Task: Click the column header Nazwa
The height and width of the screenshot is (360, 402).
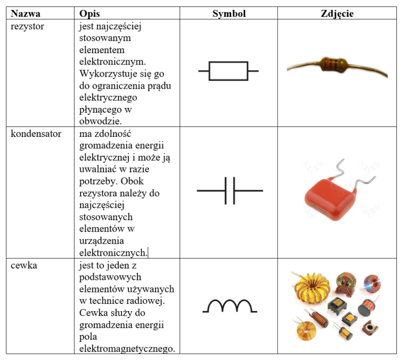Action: pos(25,13)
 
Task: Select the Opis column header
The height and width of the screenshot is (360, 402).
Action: pos(90,14)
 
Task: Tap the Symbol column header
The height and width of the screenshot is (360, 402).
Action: pos(229,14)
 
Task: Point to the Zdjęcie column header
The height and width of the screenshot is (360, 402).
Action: pos(337,14)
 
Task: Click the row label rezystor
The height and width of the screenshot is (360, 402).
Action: pos(27,27)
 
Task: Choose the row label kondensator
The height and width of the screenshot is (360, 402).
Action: pos(36,134)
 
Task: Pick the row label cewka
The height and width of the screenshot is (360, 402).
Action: pos(24,265)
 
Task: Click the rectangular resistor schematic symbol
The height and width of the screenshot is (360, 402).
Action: pos(228,71)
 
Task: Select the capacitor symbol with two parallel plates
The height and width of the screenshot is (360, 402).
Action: pos(230,191)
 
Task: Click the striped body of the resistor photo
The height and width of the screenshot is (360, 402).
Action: pos(333,64)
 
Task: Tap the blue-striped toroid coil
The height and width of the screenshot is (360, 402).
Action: pos(373,283)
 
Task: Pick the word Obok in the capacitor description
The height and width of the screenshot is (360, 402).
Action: pos(132,181)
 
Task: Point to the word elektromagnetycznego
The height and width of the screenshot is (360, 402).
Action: pos(127,349)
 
